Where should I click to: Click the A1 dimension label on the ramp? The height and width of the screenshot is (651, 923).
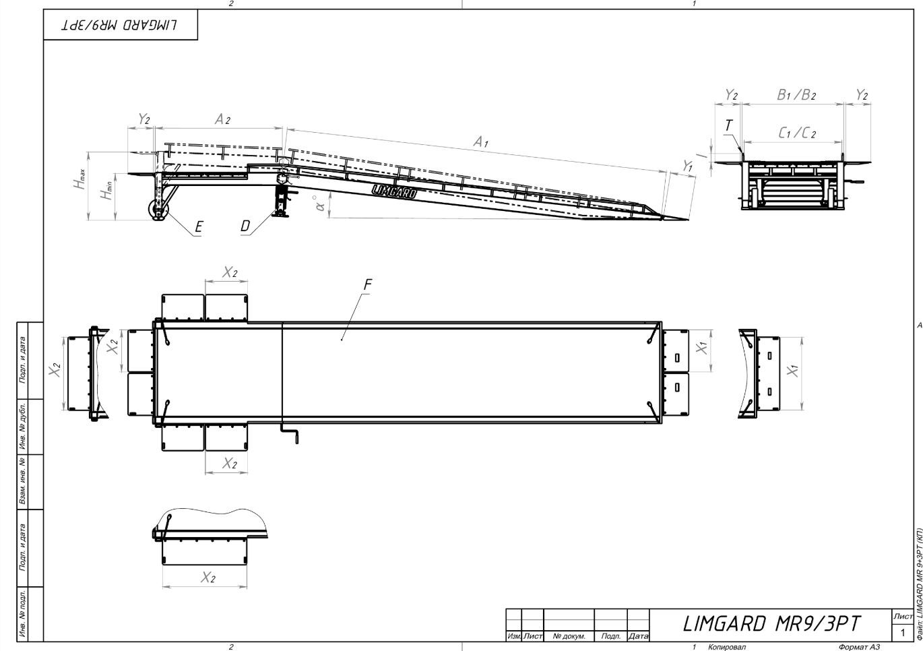point(480,142)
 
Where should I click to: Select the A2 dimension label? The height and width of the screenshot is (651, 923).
point(222,119)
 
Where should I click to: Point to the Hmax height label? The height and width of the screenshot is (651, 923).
point(79,179)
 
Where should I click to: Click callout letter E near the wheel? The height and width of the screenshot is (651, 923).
point(199,226)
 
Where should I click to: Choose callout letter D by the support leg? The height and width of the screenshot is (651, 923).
point(245,226)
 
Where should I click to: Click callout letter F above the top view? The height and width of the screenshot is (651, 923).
point(368,284)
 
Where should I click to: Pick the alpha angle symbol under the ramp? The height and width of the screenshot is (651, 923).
point(320,204)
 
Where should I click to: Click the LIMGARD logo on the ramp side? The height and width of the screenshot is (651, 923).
point(394,191)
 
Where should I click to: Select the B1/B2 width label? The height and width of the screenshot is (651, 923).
point(796,95)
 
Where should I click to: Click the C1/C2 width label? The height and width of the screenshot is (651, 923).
point(797,132)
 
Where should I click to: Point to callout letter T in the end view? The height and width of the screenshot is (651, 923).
point(728,125)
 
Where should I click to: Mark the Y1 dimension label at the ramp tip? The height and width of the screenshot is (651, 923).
point(687,166)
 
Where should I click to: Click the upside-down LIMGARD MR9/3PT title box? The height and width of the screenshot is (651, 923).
point(121,25)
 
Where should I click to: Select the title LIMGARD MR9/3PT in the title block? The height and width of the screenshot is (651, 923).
point(772,624)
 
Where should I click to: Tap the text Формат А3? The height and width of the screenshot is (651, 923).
point(859,647)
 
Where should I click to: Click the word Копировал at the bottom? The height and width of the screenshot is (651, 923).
point(727,647)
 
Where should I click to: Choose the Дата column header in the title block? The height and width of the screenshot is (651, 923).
point(638,636)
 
